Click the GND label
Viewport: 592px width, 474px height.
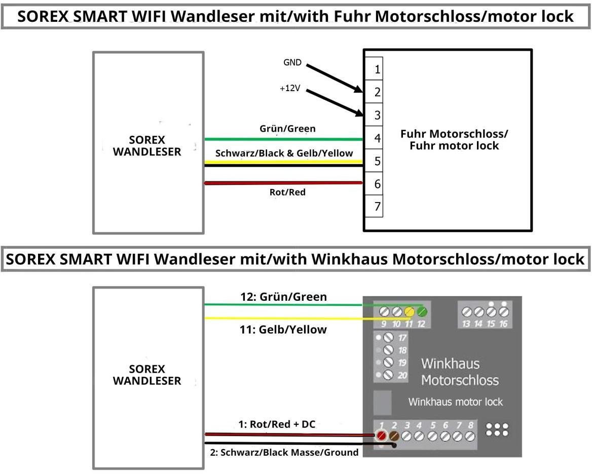292,63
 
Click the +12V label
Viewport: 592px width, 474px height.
290,88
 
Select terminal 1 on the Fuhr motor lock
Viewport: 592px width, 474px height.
377,69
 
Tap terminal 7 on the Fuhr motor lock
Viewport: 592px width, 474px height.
377,207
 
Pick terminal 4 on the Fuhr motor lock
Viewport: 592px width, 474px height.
377,138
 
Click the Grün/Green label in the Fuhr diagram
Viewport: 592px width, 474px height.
287,129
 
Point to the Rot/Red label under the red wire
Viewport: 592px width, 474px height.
287,192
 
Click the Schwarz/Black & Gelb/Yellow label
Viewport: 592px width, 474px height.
284,153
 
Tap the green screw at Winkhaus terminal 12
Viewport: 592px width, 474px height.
422,311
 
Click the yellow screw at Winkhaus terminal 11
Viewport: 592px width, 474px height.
410,311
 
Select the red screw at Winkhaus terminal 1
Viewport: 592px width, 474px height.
381,435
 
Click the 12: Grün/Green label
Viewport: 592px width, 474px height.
283,297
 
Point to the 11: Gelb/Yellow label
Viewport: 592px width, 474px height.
283,330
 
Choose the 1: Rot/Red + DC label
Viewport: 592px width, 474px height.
277,424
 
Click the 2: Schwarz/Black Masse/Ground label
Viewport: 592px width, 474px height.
284,452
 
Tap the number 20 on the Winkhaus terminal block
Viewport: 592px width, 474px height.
402,375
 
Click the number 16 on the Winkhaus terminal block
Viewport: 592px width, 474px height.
503,324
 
